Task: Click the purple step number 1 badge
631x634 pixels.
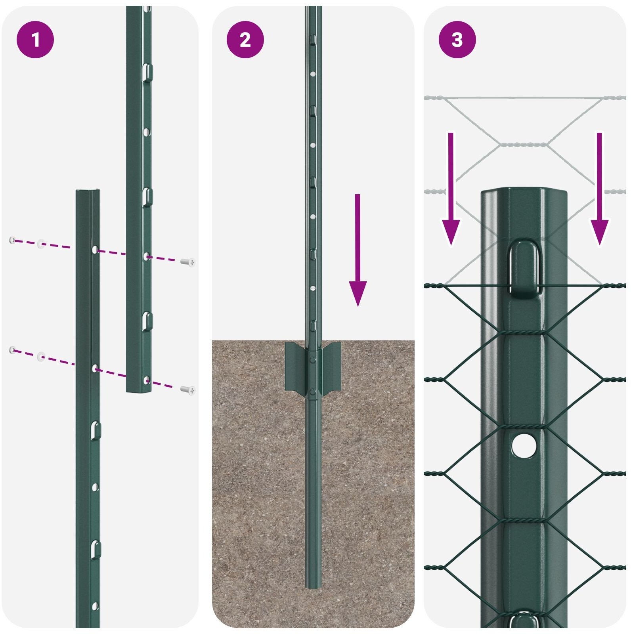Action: [x=35, y=40]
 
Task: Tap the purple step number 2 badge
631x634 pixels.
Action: [x=245, y=40]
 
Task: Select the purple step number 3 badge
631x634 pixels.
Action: [x=457, y=40]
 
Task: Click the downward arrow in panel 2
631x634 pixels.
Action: [x=358, y=250]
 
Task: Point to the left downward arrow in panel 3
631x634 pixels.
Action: [x=451, y=189]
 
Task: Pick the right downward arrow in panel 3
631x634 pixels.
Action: [x=599, y=189]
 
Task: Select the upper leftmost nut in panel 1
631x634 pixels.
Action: [x=13, y=240]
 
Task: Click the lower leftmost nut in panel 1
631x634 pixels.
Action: [x=13, y=349]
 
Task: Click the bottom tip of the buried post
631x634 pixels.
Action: [x=313, y=588]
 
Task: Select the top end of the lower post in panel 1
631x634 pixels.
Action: [x=88, y=191]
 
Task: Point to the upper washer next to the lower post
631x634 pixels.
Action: [x=41, y=244]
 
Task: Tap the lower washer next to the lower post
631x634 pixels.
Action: [x=41, y=357]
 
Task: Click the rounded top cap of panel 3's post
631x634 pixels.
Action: [x=524, y=194]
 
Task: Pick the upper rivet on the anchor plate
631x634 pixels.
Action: [x=313, y=360]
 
